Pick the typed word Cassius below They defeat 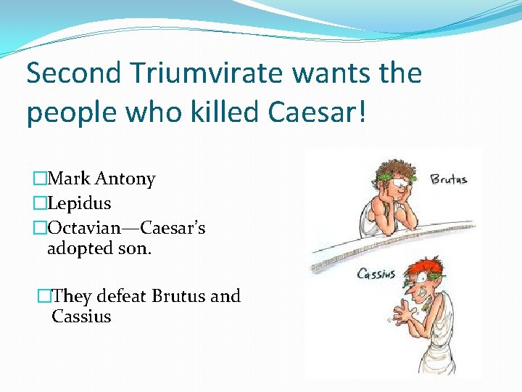81,317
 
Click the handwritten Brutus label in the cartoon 449,179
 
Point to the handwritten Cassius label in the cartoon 376,274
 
